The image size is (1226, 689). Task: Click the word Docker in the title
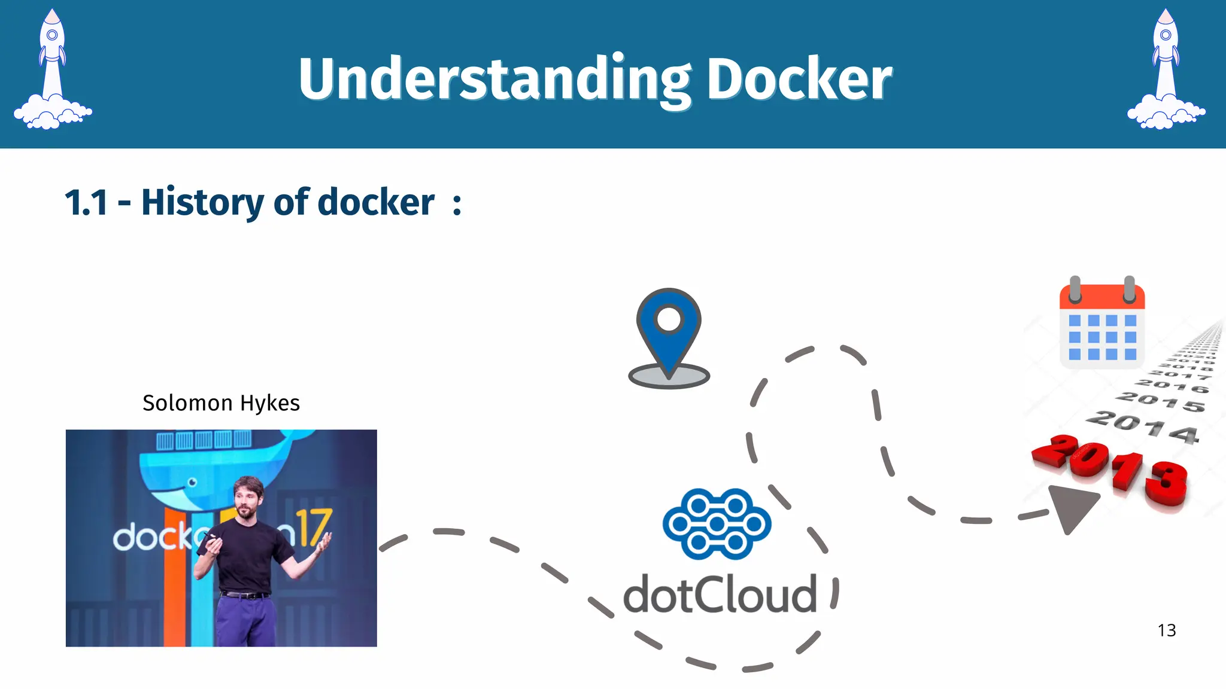coord(799,80)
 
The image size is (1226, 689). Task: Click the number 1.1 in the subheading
coord(86,203)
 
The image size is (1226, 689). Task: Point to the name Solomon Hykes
coord(221,403)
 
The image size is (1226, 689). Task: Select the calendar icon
coord(1102,323)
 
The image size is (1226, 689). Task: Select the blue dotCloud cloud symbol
coord(717,524)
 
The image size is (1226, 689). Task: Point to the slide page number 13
coord(1167,630)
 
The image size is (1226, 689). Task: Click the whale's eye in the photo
coord(192,482)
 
